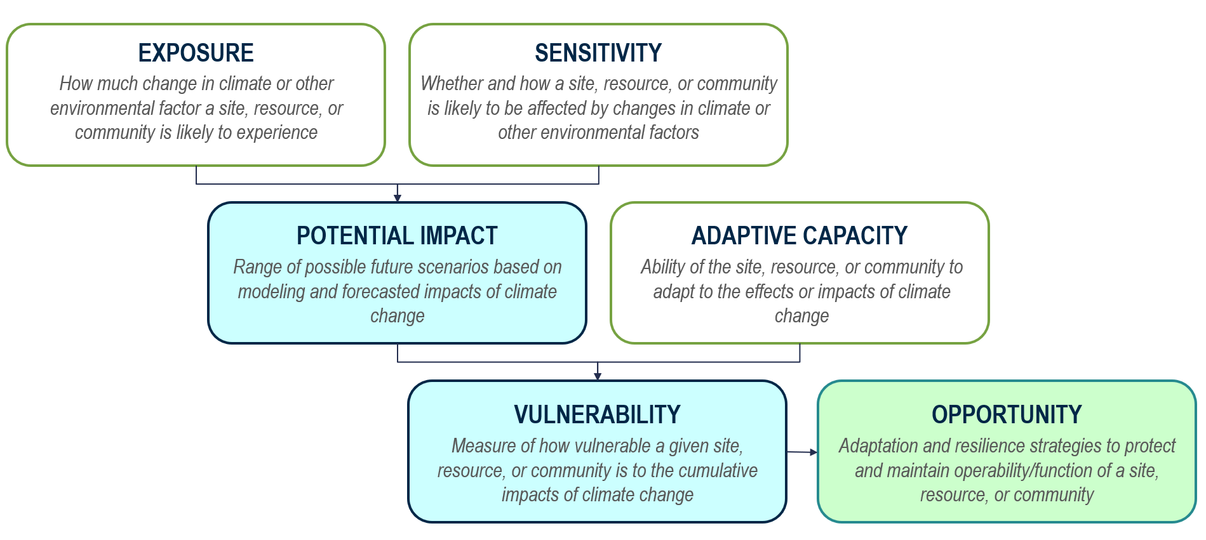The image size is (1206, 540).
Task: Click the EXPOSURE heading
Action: (196, 53)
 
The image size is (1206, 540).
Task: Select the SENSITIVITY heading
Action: (598, 53)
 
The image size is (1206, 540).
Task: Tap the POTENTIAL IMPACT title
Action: (397, 236)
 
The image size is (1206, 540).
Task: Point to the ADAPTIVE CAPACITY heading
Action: (799, 236)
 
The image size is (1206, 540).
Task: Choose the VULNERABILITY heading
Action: (597, 415)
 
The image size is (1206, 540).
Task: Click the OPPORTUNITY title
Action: (1007, 415)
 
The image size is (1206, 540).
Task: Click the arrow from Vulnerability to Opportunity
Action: (801, 452)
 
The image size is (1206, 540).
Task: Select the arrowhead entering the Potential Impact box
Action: (398, 198)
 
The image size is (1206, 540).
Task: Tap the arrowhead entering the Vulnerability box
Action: (598, 376)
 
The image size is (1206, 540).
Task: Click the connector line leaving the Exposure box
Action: (196, 175)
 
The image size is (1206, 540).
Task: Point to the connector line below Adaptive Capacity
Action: (800, 353)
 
